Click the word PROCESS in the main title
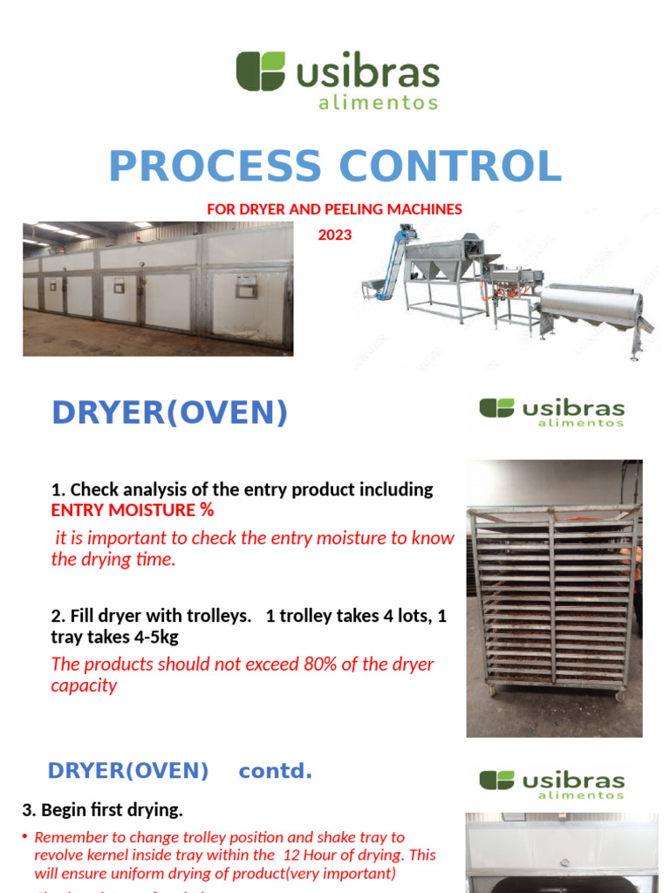pos(215,167)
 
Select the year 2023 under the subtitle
pos(335,235)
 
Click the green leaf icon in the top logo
pos(260,71)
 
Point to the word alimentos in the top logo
pos(378,103)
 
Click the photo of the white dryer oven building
pos(158,288)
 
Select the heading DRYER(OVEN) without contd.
pos(169,413)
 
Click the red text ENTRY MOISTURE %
pos(132,510)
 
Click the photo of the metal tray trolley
pos(554,598)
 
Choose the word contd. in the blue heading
pos(275,771)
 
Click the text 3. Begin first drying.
pos(102,810)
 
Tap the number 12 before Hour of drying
pos(292,855)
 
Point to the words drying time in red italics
pos(129,560)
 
